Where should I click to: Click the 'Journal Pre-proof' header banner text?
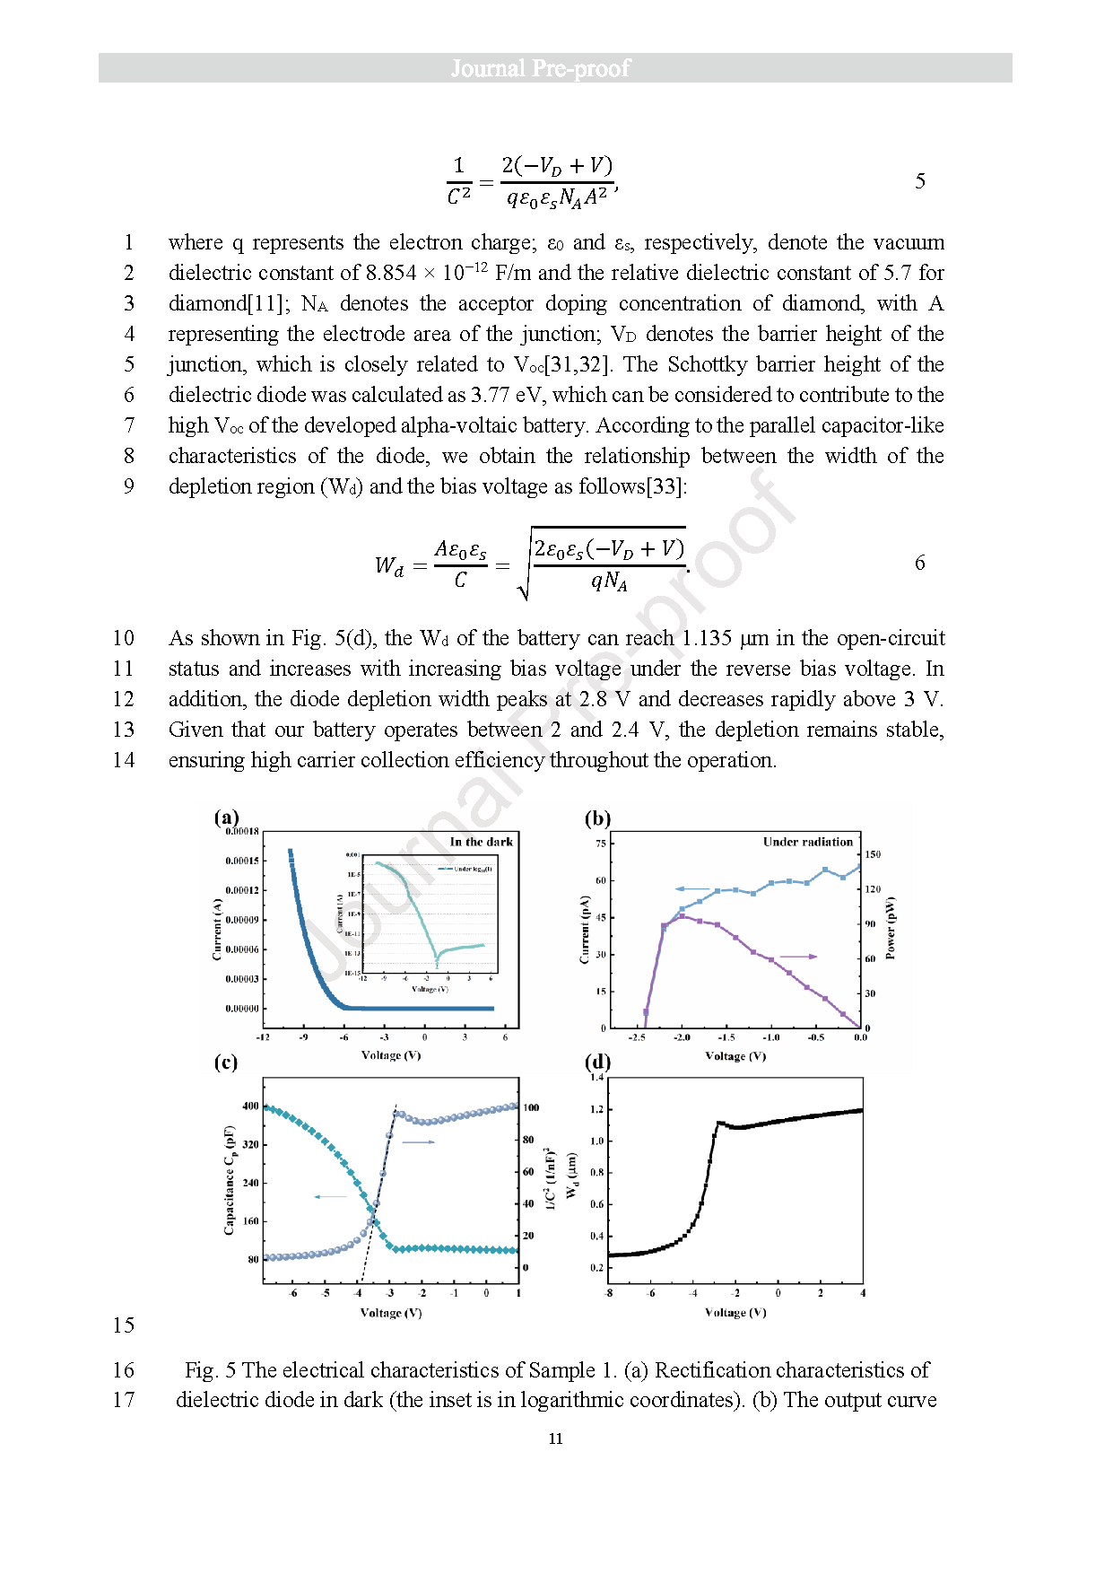[540, 68]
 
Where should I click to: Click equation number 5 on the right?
[920, 181]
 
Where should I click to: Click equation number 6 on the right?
[920, 563]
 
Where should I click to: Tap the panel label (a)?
[226, 817]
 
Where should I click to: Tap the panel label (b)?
[597, 818]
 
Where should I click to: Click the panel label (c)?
[226, 1062]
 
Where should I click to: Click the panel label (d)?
[597, 1062]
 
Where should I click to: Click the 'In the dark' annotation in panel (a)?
[482, 842]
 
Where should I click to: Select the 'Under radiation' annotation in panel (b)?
[807, 842]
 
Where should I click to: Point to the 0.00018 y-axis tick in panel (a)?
[242, 832]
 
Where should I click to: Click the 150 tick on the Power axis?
[872, 854]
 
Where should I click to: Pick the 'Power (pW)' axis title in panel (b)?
[891, 929]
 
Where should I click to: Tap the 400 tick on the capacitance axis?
[250, 1106]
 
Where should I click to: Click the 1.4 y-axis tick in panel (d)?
[597, 1077]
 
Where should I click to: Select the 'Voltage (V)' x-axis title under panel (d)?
[735, 1312]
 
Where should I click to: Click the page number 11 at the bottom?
[556, 1438]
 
